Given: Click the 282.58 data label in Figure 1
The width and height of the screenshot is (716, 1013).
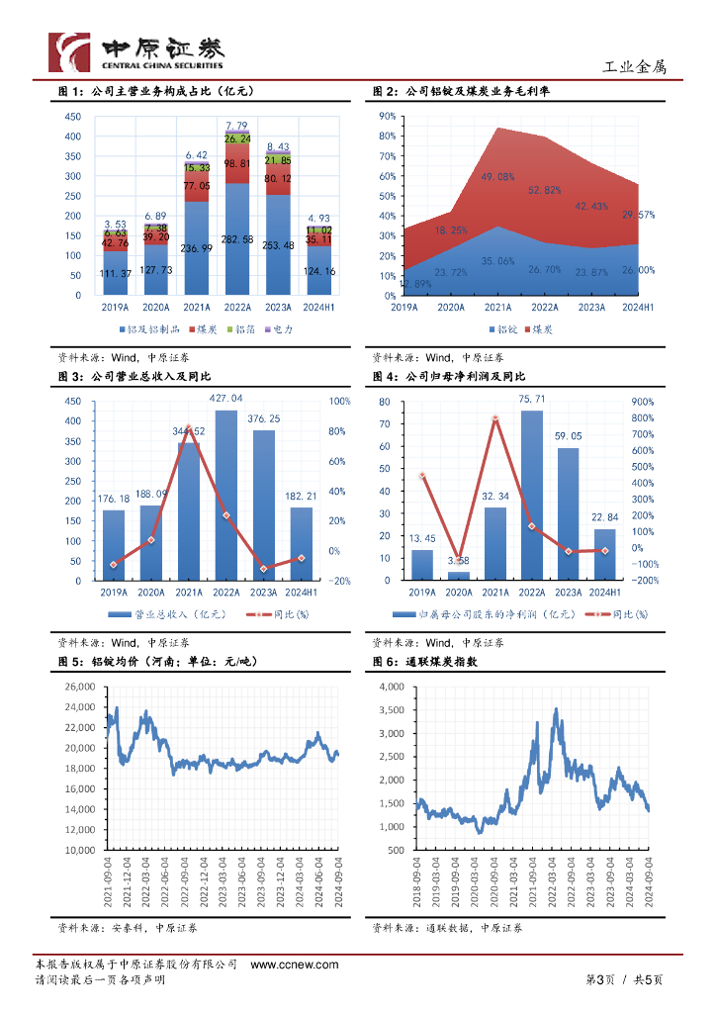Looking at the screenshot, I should pyautogui.click(x=237, y=239).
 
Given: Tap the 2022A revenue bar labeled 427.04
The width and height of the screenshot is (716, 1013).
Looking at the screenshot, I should pyautogui.click(x=226, y=495).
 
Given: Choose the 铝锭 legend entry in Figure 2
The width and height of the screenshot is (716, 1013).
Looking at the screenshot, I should pyautogui.click(x=502, y=327).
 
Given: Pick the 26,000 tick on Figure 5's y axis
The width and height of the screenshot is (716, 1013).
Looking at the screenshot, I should pyautogui.click(x=75, y=687).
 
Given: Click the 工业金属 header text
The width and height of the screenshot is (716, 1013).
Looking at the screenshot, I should pyautogui.click(x=635, y=67).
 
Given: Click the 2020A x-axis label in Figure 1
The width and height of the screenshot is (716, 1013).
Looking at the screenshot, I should pyautogui.click(x=155, y=308).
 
